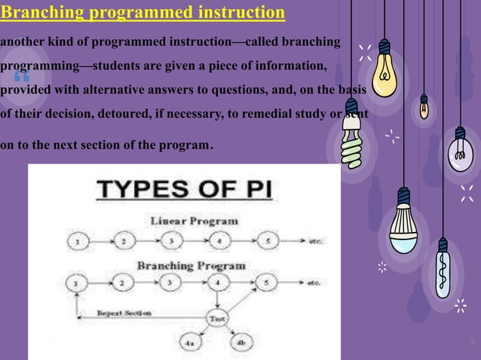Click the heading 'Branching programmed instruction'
point(143,13)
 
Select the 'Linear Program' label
point(195,221)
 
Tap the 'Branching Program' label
point(190,265)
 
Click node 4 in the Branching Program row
point(218,283)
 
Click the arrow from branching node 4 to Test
point(218,301)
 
